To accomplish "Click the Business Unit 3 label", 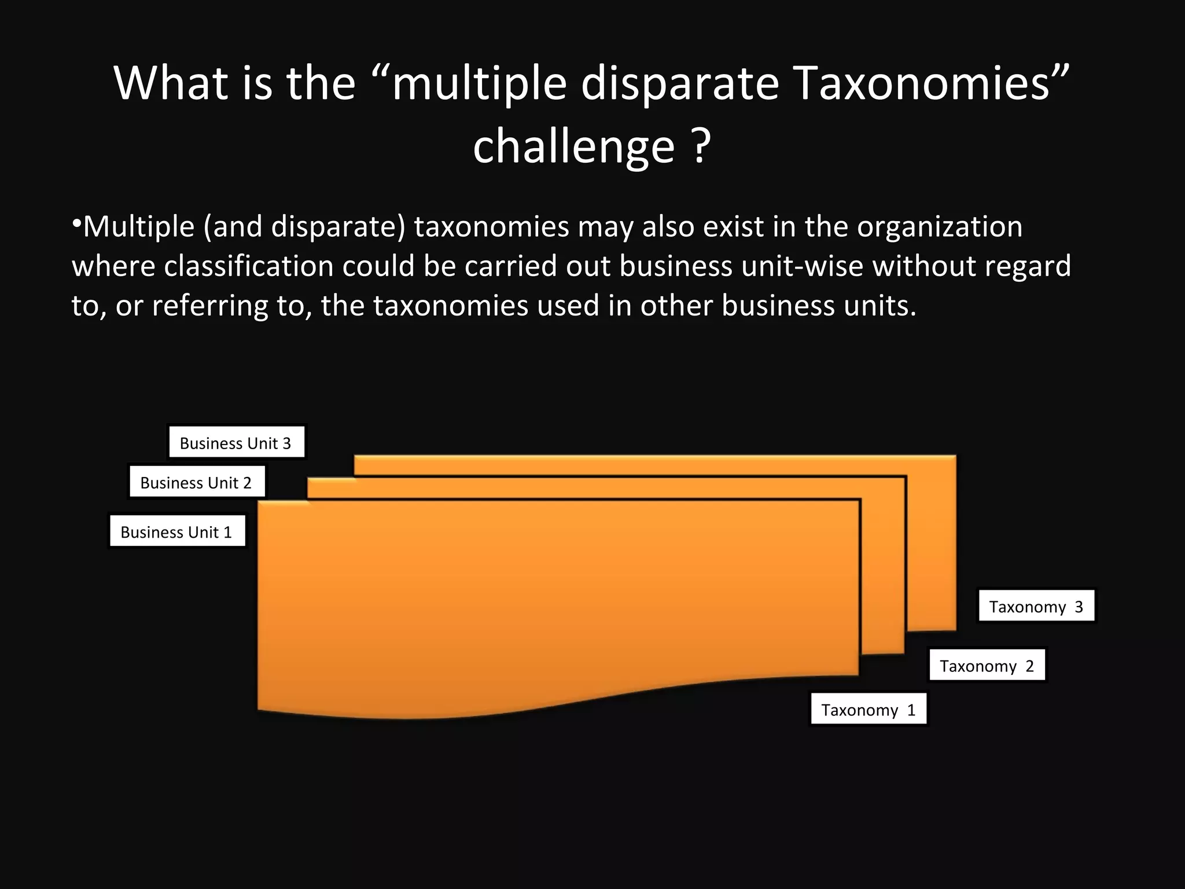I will click(235, 443).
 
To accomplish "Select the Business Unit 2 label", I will click(196, 482).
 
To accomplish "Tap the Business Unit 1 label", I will click(176, 531).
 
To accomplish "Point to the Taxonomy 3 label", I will click(1036, 606).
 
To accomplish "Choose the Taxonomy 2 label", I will click(987, 666).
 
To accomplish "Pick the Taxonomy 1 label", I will click(868, 710).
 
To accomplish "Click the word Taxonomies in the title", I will click(923, 83).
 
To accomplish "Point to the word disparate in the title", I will click(680, 83).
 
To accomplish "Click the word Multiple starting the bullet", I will click(139, 226).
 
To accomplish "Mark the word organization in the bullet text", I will click(940, 226).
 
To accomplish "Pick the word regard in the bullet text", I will click(1027, 266).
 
